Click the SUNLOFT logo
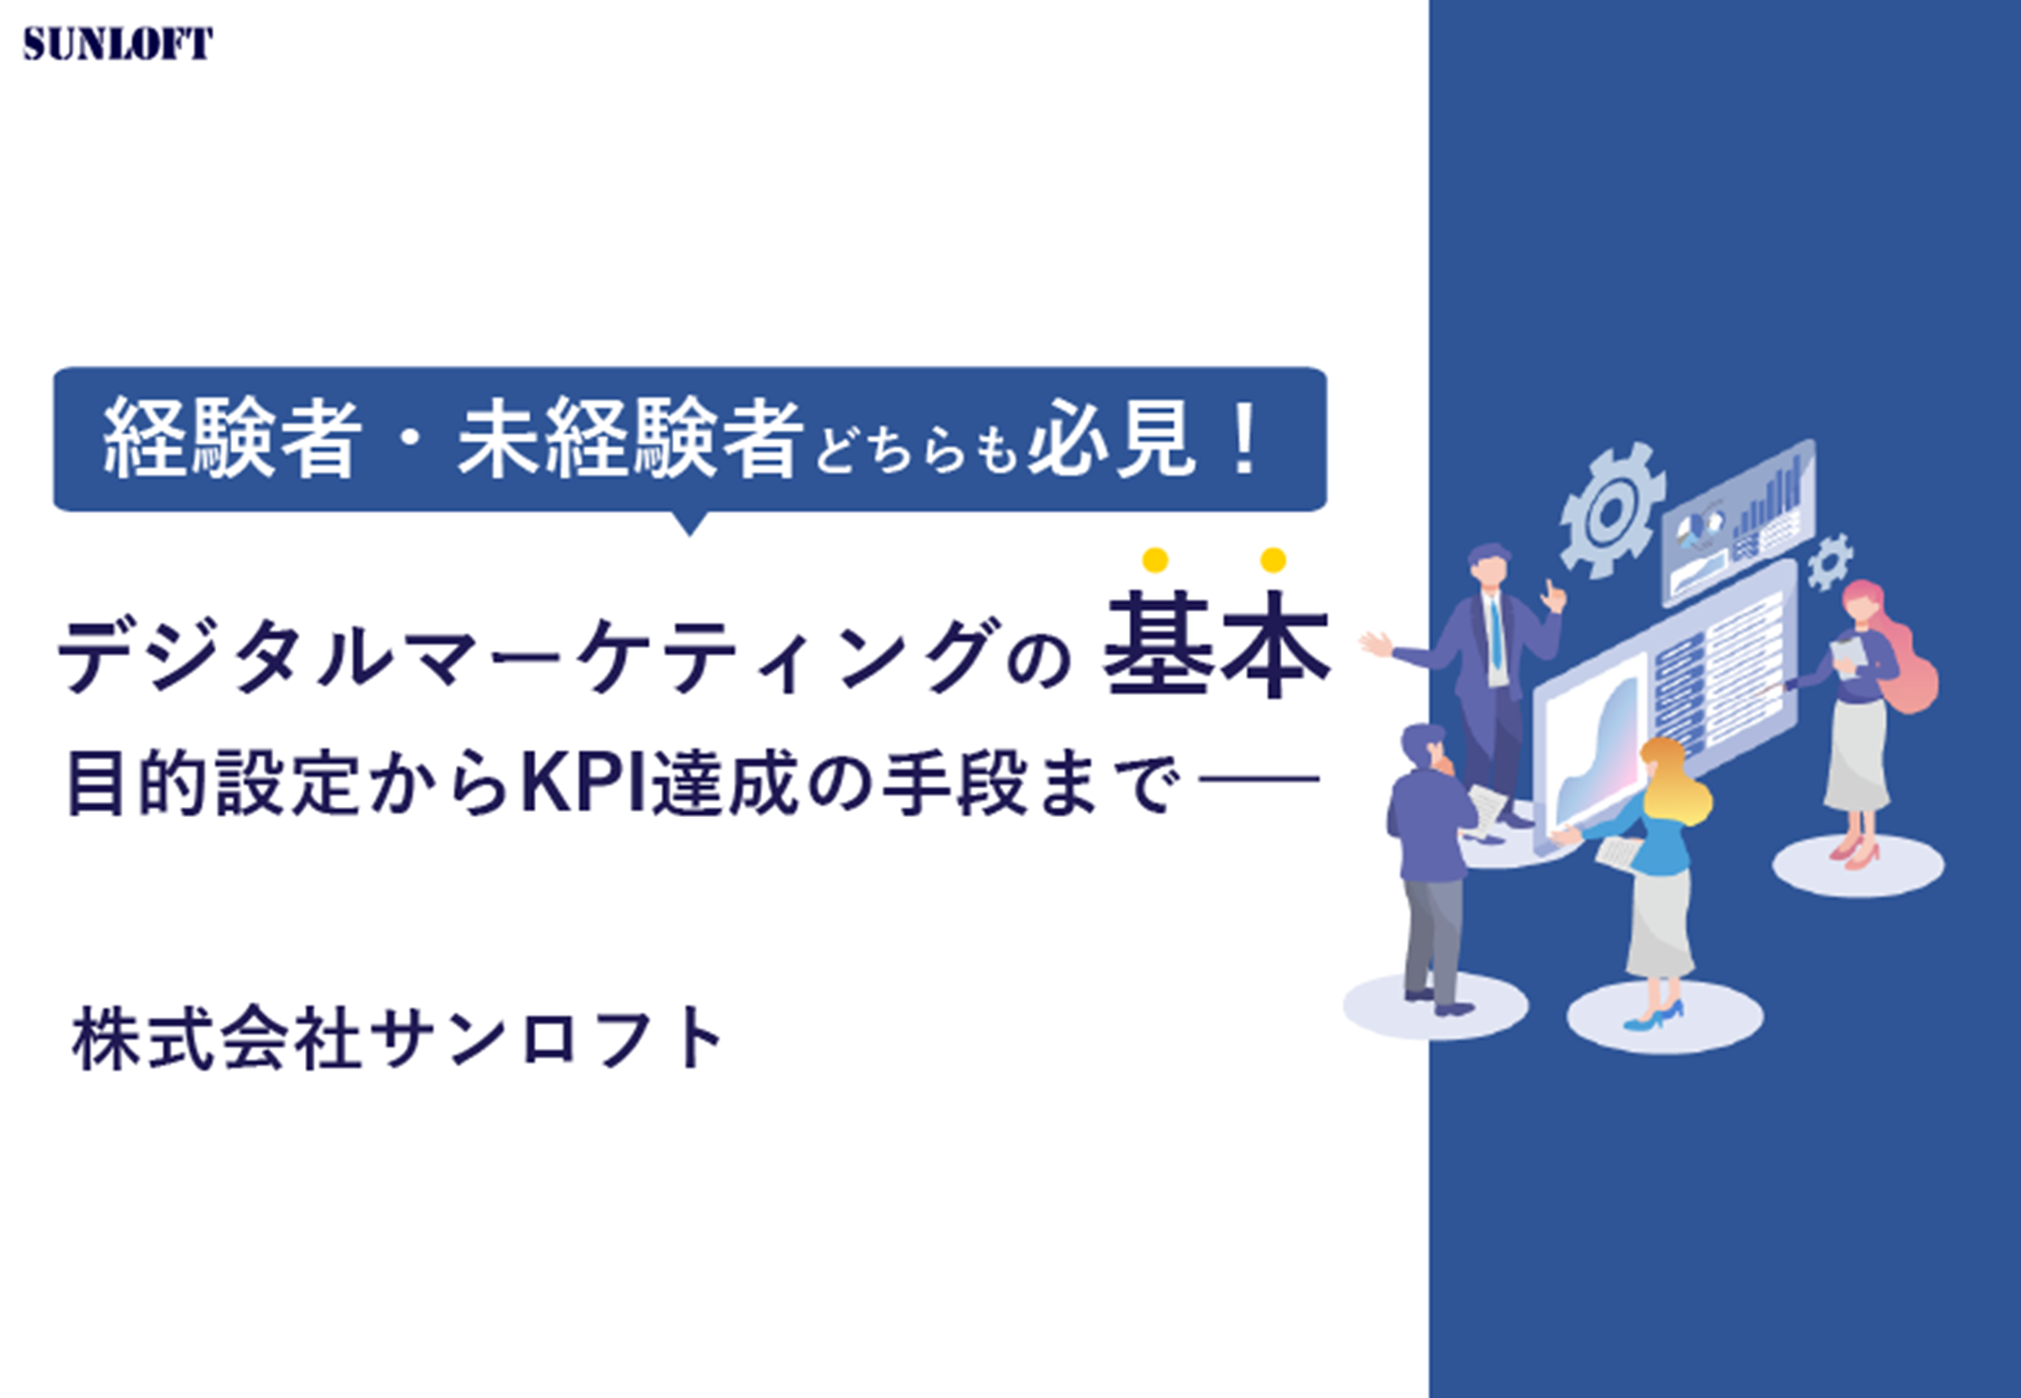click(x=117, y=44)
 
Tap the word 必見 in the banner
click(x=1110, y=439)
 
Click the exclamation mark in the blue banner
click(x=1246, y=438)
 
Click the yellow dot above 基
click(x=1156, y=560)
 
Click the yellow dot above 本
click(x=1273, y=560)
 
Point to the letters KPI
click(x=583, y=783)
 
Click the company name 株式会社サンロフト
click(x=399, y=1038)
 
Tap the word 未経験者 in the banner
click(x=630, y=438)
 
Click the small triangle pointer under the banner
click(x=690, y=522)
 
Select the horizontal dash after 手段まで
click(x=1258, y=779)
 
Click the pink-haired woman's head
click(x=1864, y=604)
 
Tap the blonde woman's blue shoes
click(x=1655, y=1016)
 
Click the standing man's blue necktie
click(x=1496, y=632)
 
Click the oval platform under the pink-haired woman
click(x=1858, y=866)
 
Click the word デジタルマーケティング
click(x=524, y=654)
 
